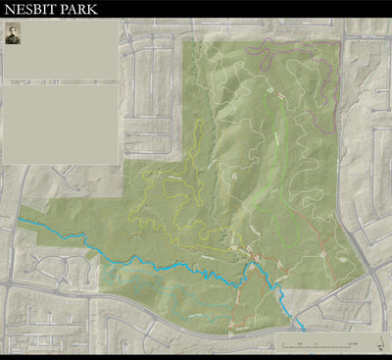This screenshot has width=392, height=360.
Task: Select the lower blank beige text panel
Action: tap(60, 124)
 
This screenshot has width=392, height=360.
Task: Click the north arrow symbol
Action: tap(379, 345)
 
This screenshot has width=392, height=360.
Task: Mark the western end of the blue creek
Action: tap(20, 219)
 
